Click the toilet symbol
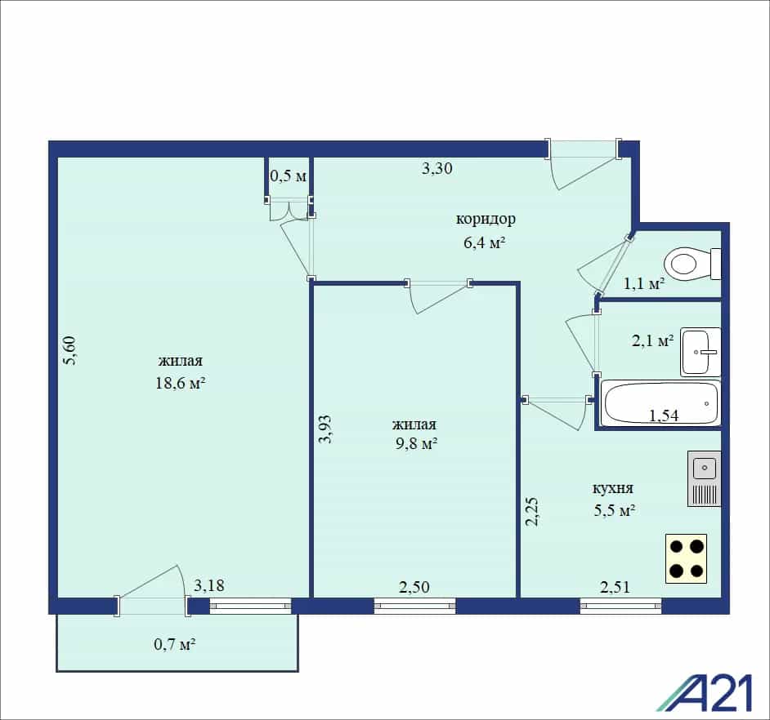(x=692, y=264)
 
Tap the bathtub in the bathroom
(x=661, y=403)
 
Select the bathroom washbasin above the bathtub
(x=701, y=352)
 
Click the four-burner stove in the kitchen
(x=686, y=558)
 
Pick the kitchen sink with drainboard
(x=704, y=478)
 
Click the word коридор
(x=486, y=218)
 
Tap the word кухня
(x=613, y=488)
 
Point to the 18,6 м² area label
(x=180, y=383)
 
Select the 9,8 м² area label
(x=416, y=443)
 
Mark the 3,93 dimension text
(x=325, y=429)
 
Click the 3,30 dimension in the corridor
(x=437, y=168)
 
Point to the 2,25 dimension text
(x=532, y=512)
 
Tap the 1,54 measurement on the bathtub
(x=664, y=416)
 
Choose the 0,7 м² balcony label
(x=175, y=644)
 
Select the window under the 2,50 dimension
(x=415, y=606)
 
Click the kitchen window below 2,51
(x=620, y=606)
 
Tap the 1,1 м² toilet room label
(x=644, y=283)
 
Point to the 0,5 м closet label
(x=289, y=175)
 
